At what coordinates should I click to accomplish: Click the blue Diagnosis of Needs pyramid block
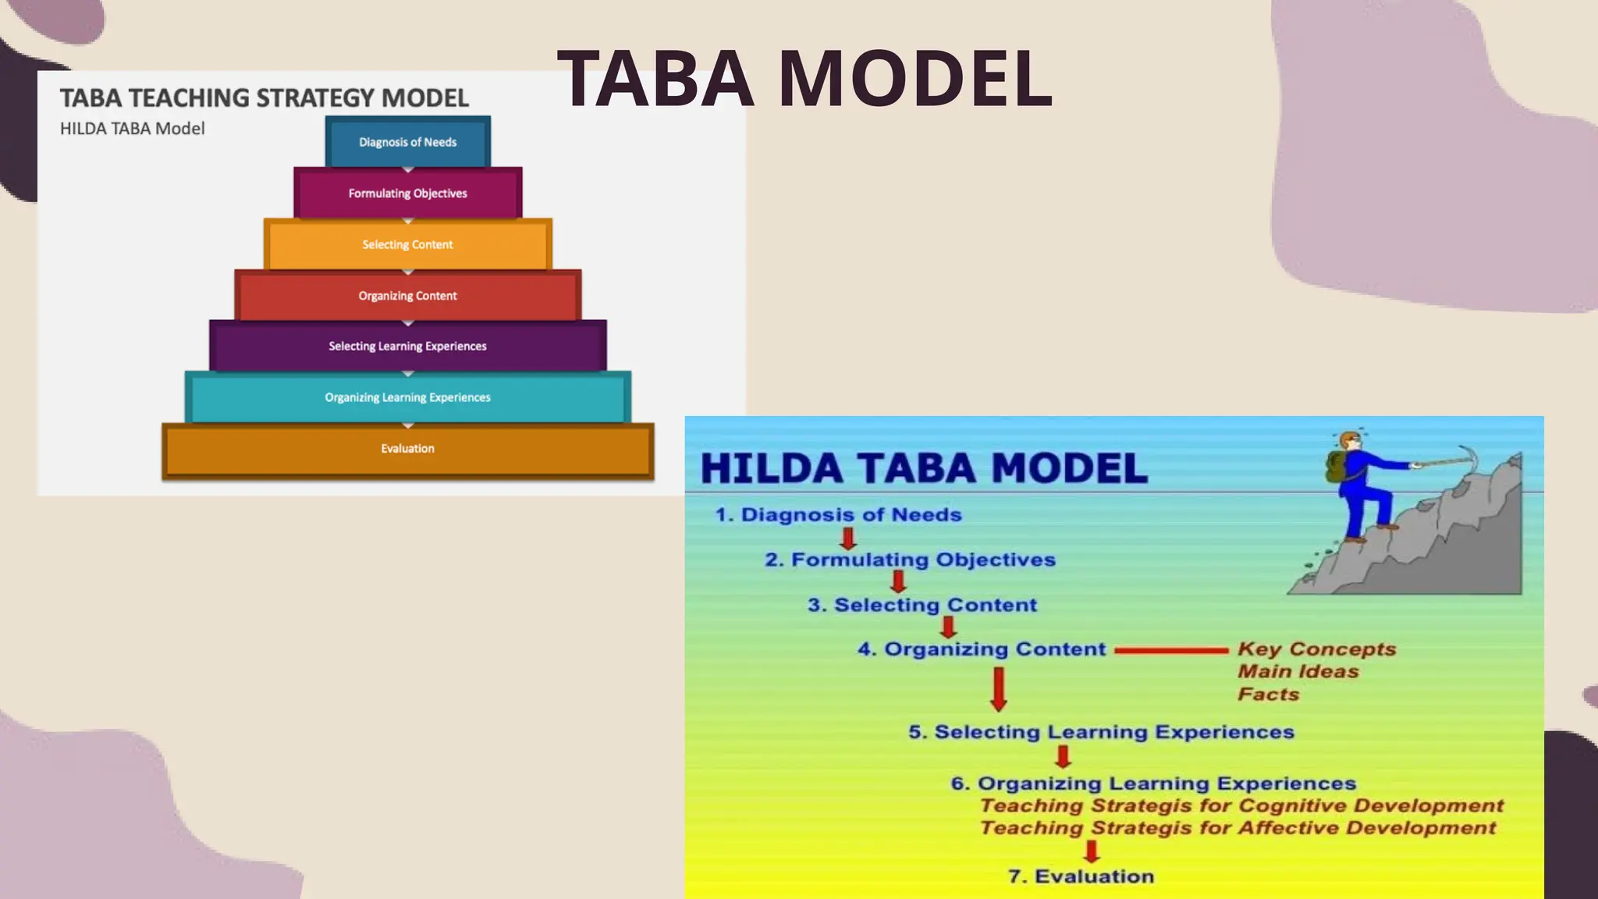[x=407, y=142]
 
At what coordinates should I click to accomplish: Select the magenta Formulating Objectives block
[x=407, y=194]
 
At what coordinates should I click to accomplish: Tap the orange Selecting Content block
[x=407, y=245]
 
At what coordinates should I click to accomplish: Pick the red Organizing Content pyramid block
[x=407, y=296]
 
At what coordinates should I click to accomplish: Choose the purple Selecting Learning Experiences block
[x=407, y=346]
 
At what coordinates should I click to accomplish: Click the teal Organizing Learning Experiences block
[x=407, y=397]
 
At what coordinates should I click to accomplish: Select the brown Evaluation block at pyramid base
[x=407, y=449]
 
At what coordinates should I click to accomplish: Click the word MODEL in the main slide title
[x=914, y=79]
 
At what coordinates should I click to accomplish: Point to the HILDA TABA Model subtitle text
[x=133, y=129]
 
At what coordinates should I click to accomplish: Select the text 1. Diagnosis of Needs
[x=838, y=515]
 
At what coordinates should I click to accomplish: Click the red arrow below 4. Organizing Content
[x=998, y=689]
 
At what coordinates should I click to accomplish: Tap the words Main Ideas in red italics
[x=1298, y=672]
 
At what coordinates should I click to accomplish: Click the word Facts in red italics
[x=1268, y=695]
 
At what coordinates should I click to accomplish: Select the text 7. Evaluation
[x=1081, y=877]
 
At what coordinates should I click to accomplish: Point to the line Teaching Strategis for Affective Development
[x=1238, y=828]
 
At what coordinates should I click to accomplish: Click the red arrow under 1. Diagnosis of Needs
[x=848, y=538]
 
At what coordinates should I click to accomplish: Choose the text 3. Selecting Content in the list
[x=922, y=606]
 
